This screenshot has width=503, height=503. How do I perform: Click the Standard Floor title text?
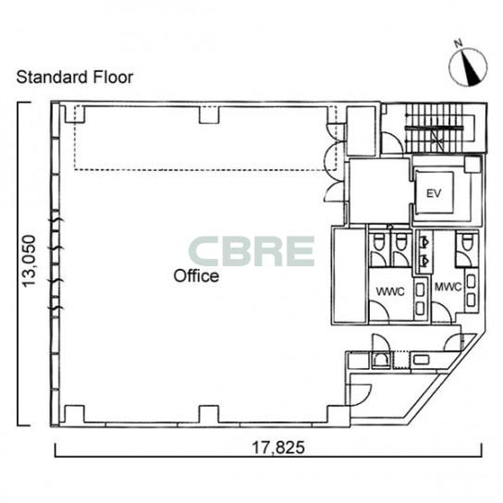pyautogui.click(x=74, y=78)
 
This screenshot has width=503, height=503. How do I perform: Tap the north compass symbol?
pyautogui.click(x=468, y=67)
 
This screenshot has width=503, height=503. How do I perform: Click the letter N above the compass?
pyautogui.click(x=459, y=43)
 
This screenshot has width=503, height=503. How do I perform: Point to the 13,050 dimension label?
pyautogui.click(x=29, y=261)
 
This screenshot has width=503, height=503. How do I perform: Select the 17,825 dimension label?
pyautogui.click(x=278, y=448)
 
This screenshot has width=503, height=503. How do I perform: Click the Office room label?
pyautogui.click(x=196, y=276)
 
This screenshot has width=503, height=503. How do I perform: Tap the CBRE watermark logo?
pyautogui.click(x=251, y=251)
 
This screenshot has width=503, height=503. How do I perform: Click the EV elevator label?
pyautogui.click(x=434, y=193)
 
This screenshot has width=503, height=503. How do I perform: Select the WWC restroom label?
pyautogui.click(x=390, y=292)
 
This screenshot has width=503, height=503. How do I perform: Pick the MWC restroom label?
pyautogui.click(x=448, y=287)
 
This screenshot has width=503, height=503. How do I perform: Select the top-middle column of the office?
pyautogui.click(x=209, y=115)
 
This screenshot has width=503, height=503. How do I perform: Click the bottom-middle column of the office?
pyautogui.click(x=209, y=414)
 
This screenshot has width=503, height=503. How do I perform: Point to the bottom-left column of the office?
pyautogui.click(x=74, y=414)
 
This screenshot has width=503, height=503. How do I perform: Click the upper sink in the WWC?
pyautogui.click(x=420, y=290)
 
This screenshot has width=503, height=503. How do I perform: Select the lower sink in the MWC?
pyautogui.click(x=471, y=301)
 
